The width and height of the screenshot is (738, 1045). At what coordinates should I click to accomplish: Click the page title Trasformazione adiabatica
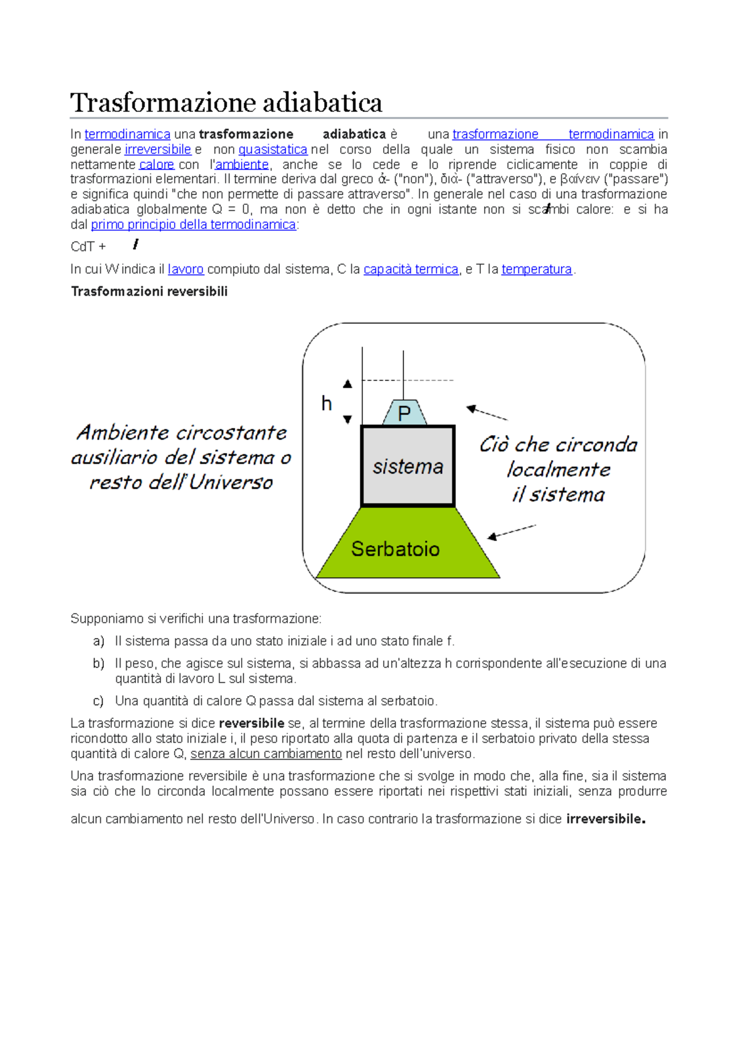coord(226,102)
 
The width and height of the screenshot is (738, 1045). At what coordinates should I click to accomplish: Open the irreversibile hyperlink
coord(158,150)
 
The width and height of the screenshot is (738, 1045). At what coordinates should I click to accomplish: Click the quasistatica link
coord(272,150)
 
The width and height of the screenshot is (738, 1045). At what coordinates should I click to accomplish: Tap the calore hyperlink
coord(157,165)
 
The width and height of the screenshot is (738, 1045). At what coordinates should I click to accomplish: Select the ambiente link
coord(242,165)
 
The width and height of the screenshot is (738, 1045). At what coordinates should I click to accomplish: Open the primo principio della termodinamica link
coord(194,225)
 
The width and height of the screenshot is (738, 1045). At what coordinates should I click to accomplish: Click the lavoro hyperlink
coord(186,270)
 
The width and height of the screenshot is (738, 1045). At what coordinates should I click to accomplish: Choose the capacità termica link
coord(411,270)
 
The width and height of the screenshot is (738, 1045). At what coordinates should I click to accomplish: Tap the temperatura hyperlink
coord(536,270)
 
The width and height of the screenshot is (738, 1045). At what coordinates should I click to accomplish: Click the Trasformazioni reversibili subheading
coord(149,292)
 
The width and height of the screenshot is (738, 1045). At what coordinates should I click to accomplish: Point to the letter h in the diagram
coord(327,404)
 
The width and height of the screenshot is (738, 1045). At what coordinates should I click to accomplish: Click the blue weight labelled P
coord(404,413)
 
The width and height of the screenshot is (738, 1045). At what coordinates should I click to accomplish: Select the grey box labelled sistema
coord(408,466)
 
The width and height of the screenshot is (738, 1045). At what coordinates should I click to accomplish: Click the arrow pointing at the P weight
coord(487,413)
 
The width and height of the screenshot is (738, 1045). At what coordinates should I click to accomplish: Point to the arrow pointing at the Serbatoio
coord(512,532)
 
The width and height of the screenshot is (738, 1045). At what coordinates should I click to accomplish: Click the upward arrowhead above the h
coord(347,384)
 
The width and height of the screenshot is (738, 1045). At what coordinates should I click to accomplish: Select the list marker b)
coord(98,663)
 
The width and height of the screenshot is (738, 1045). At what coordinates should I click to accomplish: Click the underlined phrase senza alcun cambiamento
coord(266,754)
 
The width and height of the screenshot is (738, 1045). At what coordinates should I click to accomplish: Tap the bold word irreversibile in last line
coord(605,819)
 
